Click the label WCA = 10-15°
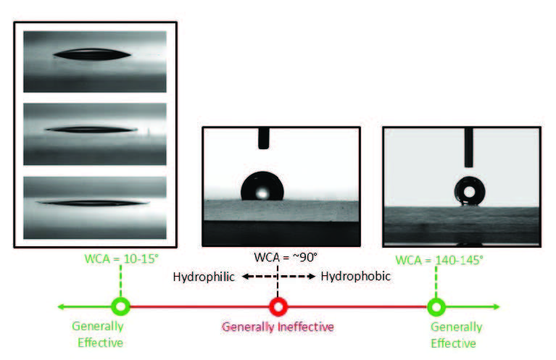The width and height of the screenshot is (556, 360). click(121, 259)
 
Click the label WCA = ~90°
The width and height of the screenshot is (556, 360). click(286, 257)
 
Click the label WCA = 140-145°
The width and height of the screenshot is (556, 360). click(439, 260)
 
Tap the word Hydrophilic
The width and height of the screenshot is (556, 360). click(204, 277)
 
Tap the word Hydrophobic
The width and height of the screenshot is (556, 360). click(356, 276)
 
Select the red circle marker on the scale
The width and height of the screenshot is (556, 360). click(278, 307)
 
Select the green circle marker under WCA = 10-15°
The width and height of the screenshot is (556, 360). click(120, 306)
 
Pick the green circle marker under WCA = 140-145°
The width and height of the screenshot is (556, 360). click(436, 307)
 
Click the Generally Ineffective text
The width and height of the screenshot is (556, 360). click(278, 327)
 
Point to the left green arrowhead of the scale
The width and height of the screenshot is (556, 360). click(61, 306)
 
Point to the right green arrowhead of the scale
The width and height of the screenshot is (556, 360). click(496, 306)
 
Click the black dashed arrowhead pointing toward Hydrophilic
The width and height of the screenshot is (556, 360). click(246, 277)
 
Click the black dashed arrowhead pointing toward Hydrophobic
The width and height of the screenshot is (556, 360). click(312, 277)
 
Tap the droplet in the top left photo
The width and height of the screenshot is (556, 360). click(92, 54)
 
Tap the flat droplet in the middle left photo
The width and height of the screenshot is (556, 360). click(91, 130)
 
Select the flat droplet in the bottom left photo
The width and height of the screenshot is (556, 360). click(93, 203)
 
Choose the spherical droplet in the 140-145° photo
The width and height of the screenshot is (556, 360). click(470, 191)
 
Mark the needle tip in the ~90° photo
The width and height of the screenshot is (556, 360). click(263, 147)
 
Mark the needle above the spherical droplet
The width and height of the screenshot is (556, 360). click(469, 147)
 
